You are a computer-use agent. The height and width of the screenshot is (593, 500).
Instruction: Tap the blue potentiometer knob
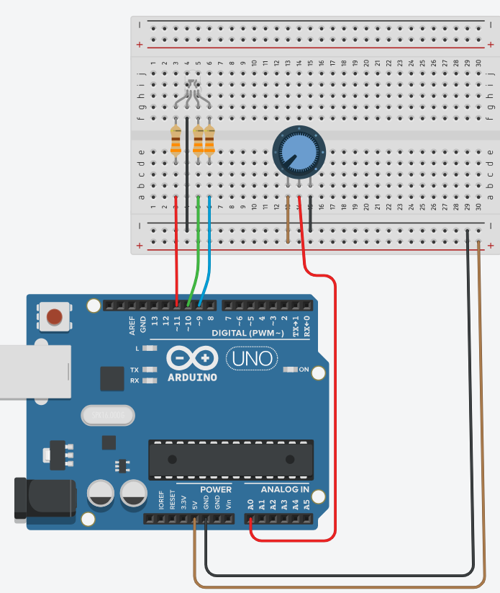click(x=299, y=152)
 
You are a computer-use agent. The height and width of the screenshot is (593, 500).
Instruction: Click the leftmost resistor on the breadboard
click(x=176, y=141)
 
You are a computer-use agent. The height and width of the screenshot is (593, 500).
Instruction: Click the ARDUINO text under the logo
click(x=193, y=377)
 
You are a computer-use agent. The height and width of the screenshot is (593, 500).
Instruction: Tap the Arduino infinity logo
click(x=192, y=358)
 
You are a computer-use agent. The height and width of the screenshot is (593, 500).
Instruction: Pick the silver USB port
click(x=32, y=371)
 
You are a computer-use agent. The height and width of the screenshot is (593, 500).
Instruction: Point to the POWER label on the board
click(x=215, y=489)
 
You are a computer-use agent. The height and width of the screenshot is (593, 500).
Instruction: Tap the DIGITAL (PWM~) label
click(x=253, y=333)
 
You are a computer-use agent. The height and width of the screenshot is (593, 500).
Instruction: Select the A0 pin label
click(x=250, y=505)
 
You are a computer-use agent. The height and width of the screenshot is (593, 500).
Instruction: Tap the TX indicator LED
click(x=150, y=370)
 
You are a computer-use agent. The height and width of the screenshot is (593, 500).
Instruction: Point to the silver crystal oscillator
click(x=109, y=415)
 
